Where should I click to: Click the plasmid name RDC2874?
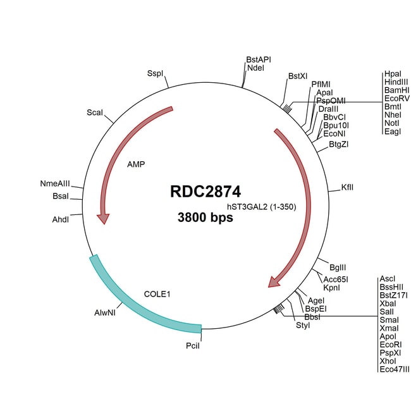tap(205, 192)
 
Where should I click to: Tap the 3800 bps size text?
tap(205, 218)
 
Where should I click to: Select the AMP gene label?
tap(136, 164)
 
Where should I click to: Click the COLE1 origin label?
tap(157, 294)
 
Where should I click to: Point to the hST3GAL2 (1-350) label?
tap(262, 207)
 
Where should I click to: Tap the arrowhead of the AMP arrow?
tap(104, 219)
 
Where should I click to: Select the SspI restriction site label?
tap(155, 73)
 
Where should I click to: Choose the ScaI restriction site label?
tap(95, 113)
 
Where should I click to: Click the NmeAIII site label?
tap(55, 183)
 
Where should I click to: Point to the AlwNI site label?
tap(105, 312)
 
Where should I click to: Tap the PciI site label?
tap(193, 346)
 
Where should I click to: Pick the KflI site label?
tap(347, 187)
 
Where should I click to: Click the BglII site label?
tap(338, 267)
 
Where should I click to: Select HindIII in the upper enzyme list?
tap(396, 82)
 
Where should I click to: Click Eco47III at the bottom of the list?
tap(395, 369)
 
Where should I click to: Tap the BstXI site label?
tap(298, 76)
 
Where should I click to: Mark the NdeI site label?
tap(255, 68)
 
